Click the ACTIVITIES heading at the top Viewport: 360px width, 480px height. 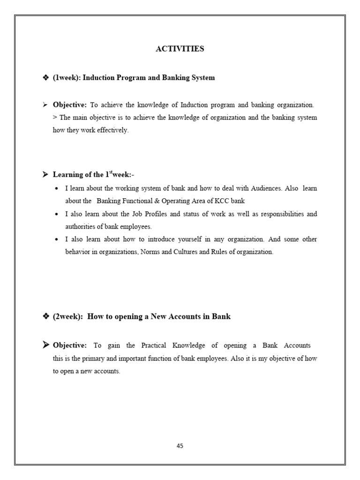point(180,49)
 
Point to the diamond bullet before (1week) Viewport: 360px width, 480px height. point(46,78)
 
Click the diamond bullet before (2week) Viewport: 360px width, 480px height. point(46,317)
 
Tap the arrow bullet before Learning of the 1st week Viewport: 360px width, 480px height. point(45,175)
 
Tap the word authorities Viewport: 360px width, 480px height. point(81,226)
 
